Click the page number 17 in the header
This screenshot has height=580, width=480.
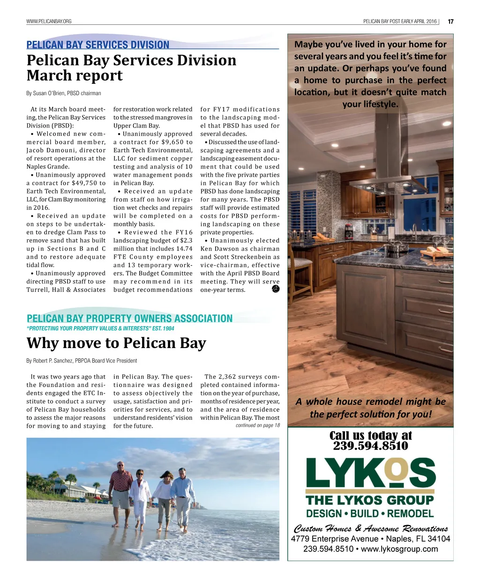point(450,21)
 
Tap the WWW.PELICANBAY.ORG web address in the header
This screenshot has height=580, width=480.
point(49,22)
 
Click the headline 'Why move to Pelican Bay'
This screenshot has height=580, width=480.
point(116,343)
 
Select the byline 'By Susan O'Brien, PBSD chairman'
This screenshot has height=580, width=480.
point(64,93)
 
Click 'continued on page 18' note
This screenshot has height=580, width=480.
point(257,425)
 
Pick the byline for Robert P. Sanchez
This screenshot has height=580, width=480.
point(82,361)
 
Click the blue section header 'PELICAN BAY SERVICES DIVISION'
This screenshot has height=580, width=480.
point(98,45)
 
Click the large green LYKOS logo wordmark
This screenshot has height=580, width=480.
point(370,474)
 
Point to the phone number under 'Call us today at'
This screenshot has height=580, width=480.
point(370,446)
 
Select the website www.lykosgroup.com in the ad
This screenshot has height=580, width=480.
point(399,549)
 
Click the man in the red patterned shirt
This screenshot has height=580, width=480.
point(120,487)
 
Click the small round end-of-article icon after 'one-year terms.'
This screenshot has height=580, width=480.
point(276,289)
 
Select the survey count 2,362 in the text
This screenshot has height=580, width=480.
point(227,377)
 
